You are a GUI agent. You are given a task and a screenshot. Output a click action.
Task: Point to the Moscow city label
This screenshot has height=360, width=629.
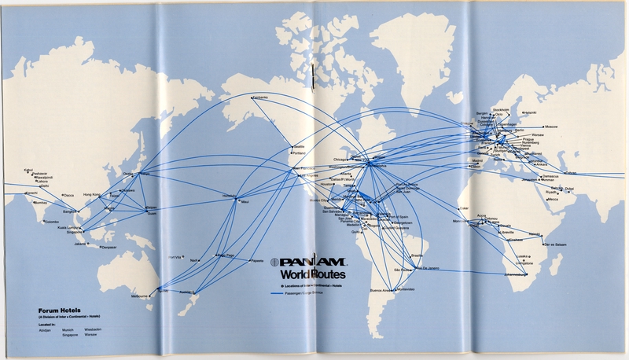(x=550, y=127)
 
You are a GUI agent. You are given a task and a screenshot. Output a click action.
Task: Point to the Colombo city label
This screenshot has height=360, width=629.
(x=51, y=221)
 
